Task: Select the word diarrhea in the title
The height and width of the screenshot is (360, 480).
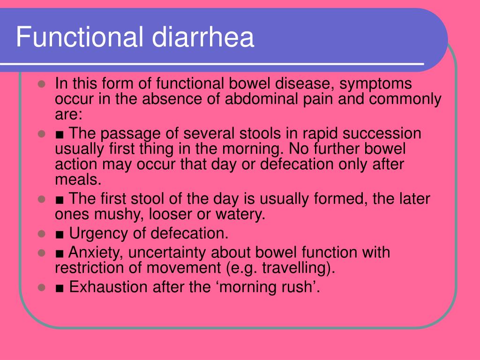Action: (202, 38)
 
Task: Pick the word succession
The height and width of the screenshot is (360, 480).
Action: (383, 134)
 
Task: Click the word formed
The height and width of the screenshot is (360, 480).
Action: (341, 199)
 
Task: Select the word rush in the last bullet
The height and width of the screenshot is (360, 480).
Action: (298, 287)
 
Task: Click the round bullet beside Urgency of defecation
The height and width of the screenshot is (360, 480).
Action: (41, 233)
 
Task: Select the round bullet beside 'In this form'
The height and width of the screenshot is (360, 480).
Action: (41, 85)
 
